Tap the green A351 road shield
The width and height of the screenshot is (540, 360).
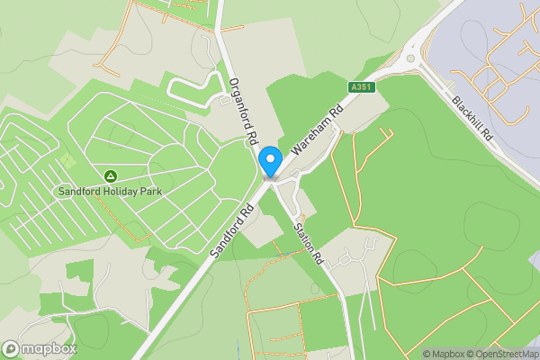[x=361, y=87]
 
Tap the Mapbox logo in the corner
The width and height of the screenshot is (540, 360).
[x=39, y=348]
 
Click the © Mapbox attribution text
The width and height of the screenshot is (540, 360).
[x=444, y=354]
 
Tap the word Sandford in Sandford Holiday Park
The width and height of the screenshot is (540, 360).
[x=78, y=192]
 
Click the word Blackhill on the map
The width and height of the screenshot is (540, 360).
[x=469, y=112]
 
